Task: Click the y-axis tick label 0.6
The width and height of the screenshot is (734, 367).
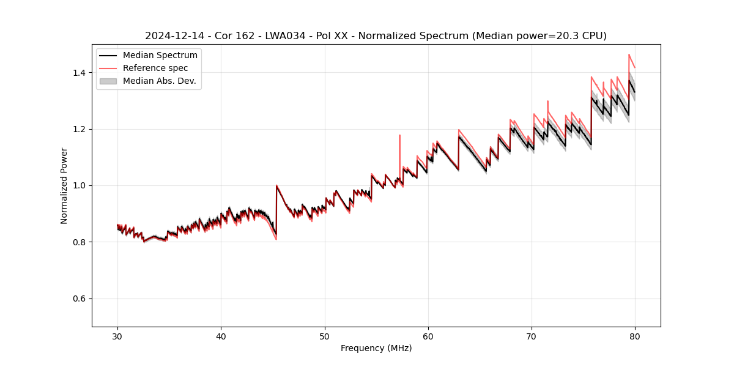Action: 78,298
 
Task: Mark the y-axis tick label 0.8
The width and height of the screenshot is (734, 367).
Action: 78,242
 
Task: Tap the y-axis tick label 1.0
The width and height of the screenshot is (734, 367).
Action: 78,185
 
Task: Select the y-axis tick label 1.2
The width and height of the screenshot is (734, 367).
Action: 78,129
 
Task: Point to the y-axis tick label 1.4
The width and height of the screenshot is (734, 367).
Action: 78,73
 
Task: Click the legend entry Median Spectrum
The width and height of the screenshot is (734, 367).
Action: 160,56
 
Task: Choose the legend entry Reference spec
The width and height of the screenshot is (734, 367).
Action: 155,69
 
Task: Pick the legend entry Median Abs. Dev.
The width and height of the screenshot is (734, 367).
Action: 159,81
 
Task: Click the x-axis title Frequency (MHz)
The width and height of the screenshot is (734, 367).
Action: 376,348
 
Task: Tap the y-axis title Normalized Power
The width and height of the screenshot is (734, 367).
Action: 64,185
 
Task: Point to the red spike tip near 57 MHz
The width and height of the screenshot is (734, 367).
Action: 399,135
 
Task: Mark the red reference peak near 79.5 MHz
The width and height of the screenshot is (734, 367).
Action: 629,54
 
